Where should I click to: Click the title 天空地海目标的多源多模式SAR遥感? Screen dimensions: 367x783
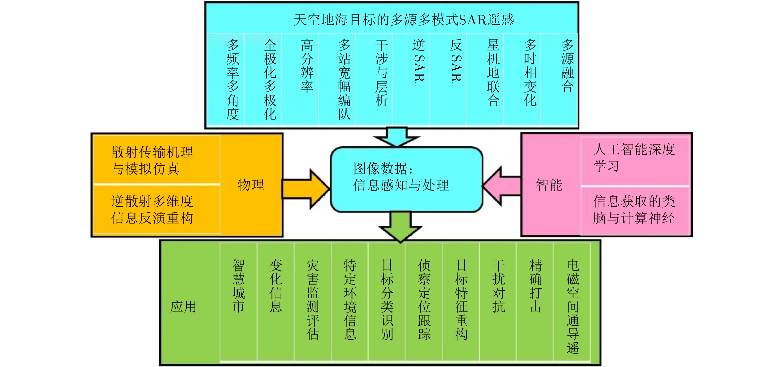click(404, 20)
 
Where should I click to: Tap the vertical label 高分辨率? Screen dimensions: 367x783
click(307, 65)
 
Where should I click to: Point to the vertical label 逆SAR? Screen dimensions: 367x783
click(419, 60)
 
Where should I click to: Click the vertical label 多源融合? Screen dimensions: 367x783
click(567, 65)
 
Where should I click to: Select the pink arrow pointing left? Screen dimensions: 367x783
click(502, 186)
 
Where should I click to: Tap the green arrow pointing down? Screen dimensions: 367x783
click(401, 227)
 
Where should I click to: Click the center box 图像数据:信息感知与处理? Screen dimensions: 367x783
click(407, 179)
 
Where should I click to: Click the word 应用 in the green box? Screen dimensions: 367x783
click(183, 306)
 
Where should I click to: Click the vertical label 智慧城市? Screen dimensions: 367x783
click(239, 286)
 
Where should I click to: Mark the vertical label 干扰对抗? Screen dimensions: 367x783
click(498, 286)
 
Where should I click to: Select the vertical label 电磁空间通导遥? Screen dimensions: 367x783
click(573, 306)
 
